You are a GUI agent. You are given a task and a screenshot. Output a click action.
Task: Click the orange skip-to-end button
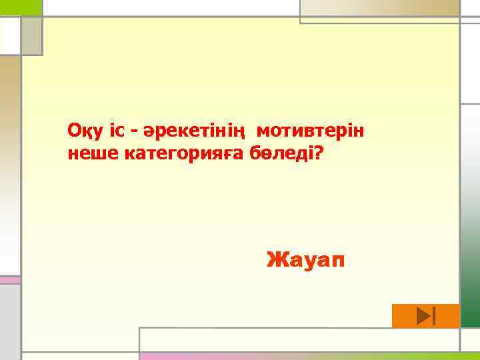click(426, 316)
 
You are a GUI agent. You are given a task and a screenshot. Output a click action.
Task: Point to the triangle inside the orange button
click(423, 316)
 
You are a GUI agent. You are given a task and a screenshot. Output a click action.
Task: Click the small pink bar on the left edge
click(10, 280)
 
